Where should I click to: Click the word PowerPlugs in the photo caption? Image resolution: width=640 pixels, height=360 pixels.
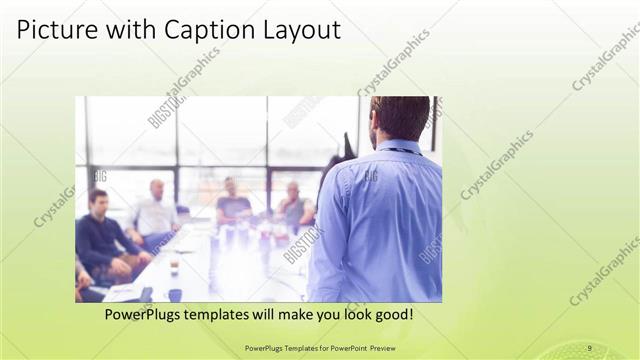coord(145,314)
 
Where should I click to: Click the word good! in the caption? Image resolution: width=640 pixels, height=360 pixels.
coord(394,314)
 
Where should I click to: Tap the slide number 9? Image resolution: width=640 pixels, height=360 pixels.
coord(590,348)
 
